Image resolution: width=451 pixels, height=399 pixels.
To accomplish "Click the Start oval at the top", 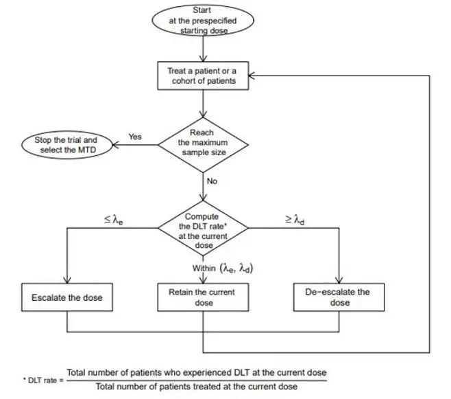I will tap(202, 21).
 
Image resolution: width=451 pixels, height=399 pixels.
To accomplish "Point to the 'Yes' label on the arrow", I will tap(135, 137).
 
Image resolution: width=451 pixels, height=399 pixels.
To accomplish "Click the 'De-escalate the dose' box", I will tap(337, 297).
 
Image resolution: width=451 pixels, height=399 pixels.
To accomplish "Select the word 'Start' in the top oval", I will tap(202, 11).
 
